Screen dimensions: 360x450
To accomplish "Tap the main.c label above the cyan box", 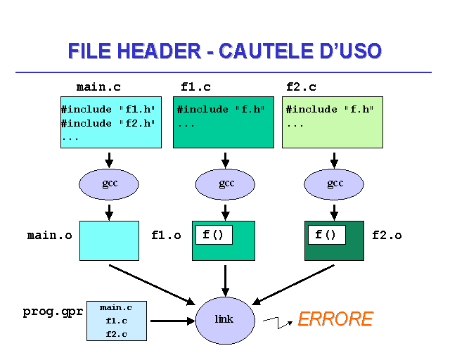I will (x=98, y=87).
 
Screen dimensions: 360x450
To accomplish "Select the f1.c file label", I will (x=195, y=87).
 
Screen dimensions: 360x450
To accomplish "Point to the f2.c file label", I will (x=302, y=87).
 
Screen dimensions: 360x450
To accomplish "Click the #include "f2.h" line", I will (x=108, y=124).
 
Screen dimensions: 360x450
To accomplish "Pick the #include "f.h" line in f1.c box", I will (x=221, y=110).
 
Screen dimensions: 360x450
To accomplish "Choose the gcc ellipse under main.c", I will (x=109, y=184).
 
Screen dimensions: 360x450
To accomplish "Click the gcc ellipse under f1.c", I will (x=226, y=184).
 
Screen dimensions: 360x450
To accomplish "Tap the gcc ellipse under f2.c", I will (x=335, y=184).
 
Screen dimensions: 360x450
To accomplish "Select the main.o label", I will (x=49, y=236).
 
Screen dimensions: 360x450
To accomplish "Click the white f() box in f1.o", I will (x=214, y=235).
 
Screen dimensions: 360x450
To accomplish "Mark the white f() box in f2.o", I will (x=326, y=235).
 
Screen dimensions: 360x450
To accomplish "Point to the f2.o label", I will (x=387, y=236).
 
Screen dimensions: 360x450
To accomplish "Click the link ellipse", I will (x=224, y=320).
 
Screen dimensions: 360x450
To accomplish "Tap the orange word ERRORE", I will (x=335, y=319).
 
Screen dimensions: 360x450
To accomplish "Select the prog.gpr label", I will (x=53, y=311).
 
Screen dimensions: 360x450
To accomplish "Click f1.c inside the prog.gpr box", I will (x=116, y=321).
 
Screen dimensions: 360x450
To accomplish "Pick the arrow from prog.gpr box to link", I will (x=172, y=321).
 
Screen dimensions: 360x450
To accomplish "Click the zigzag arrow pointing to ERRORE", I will (x=278, y=322).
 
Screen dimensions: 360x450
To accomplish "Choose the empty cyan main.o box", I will (x=109, y=240).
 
